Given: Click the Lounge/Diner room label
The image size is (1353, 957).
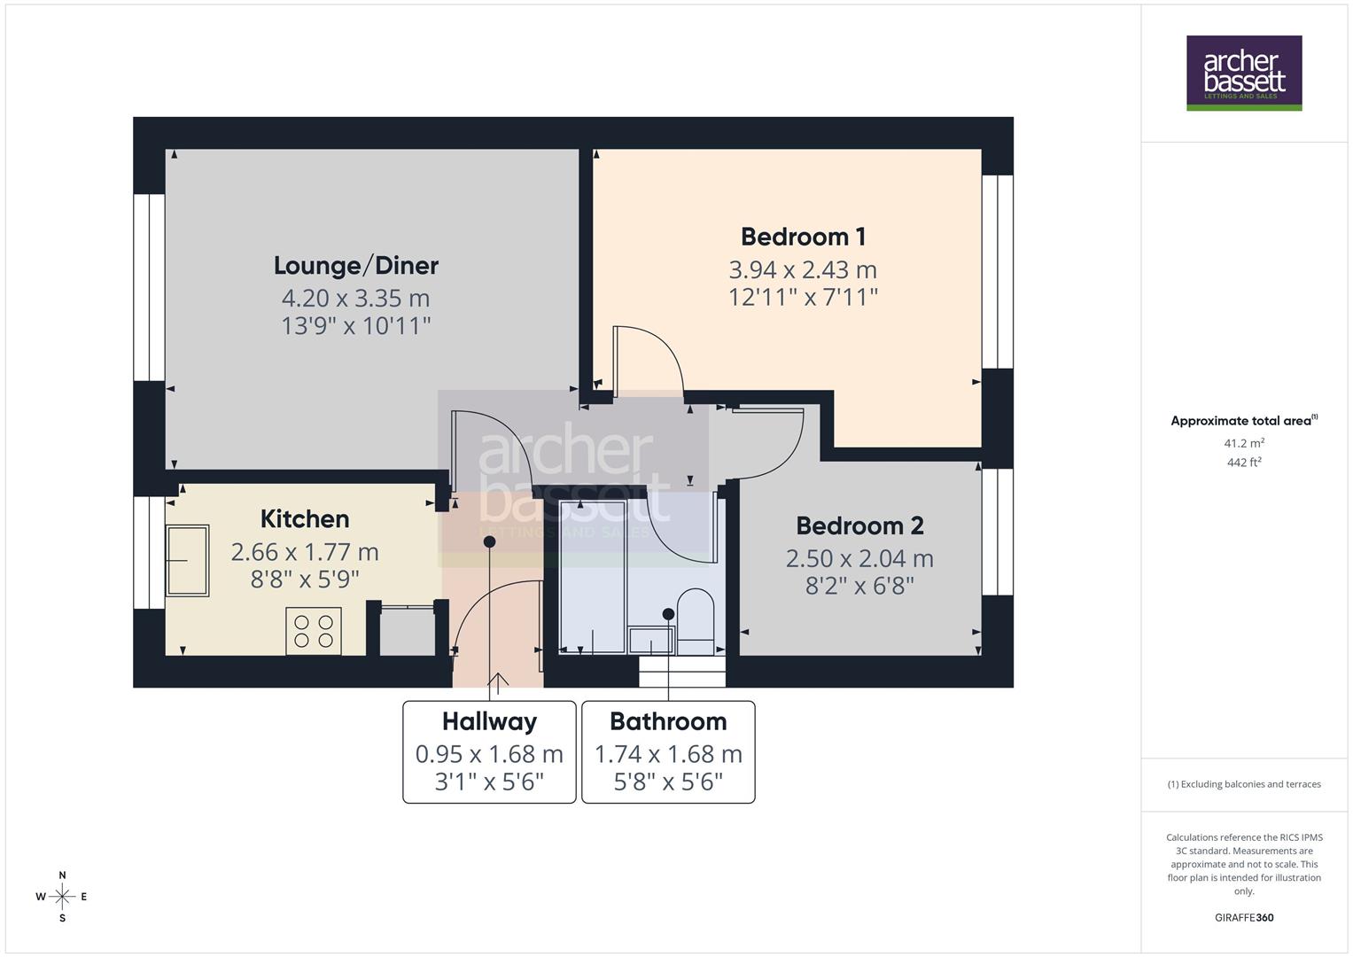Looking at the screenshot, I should coord(355,265).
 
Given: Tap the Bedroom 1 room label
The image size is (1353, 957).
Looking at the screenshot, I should coord(803,237).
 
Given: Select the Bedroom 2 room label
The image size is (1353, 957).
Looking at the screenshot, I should coord(859,525).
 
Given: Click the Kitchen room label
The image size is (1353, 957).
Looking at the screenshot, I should coord(304,518).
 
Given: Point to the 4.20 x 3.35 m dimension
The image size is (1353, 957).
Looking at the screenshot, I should coord(355,298).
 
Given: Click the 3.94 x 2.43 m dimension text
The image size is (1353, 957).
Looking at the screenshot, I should coord(803,269).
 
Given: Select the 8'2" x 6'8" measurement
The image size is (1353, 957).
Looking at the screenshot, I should coord(859,586).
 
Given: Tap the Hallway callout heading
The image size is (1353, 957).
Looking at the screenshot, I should coord(489,721).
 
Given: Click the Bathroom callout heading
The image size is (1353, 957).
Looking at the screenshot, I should coord(668,721).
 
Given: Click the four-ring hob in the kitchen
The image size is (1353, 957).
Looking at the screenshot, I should coord(314,631).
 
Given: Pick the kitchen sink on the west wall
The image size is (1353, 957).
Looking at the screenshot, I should coord(187,561).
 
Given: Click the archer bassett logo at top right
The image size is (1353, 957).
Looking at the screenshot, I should coord(1244,73).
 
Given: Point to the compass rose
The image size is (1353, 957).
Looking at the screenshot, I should coord(62,897).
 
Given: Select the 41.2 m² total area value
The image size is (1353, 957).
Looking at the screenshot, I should coord(1244,443).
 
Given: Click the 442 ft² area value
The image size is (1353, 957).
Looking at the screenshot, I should coord(1244,462).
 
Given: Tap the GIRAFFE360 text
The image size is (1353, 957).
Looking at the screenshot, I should coord(1244,917).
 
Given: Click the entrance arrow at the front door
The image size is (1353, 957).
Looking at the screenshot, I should coord(498,682).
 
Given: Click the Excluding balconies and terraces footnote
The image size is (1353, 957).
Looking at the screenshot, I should coord(1244,784).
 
